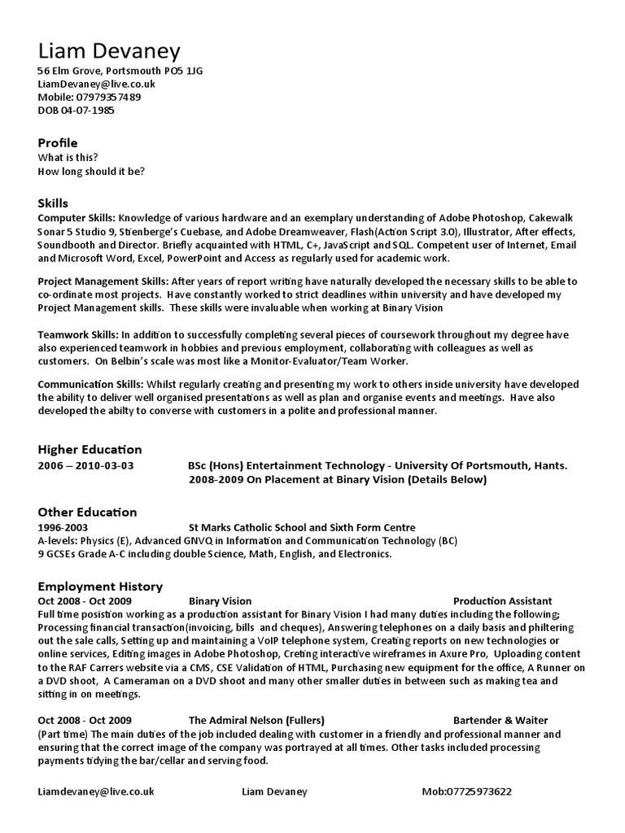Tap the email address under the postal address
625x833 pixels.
[x=97, y=84]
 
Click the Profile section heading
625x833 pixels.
[x=58, y=143]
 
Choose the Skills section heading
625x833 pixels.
[x=54, y=203]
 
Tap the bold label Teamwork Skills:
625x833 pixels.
[x=78, y=335]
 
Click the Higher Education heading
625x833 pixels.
[x=90, y=450]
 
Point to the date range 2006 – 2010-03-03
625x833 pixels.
[x=86, y=466]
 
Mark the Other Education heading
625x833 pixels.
[x=87, y=512]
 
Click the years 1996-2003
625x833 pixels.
[x=63, y=528]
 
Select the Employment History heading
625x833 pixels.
[x=100, y=587]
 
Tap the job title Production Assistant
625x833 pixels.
[x=502, y=601]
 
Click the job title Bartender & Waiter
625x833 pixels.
[x=500, y=720]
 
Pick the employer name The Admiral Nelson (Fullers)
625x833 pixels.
[x=256, y=720]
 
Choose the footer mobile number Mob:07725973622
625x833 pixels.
[x=467, y=791]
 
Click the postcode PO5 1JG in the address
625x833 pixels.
[x=186, y=71]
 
